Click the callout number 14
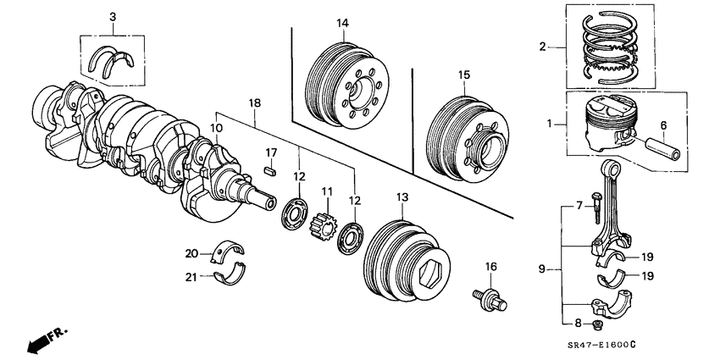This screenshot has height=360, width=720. pos(341,23)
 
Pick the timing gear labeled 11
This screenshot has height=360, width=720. pos(323,227)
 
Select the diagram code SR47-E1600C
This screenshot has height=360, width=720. pos(627,344)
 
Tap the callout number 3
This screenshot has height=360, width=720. pos(114,17)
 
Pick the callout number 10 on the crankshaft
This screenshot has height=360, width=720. pos(217,128)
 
